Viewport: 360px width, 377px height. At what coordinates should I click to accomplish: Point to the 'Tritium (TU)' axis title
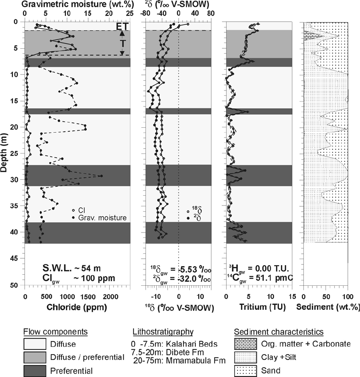coord(259,305)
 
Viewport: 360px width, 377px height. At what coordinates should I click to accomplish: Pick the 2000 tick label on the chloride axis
coord(110,296)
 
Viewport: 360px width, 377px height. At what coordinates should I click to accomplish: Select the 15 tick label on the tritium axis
coord(292,296)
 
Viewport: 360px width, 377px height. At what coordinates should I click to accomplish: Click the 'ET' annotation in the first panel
coord(122,26)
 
